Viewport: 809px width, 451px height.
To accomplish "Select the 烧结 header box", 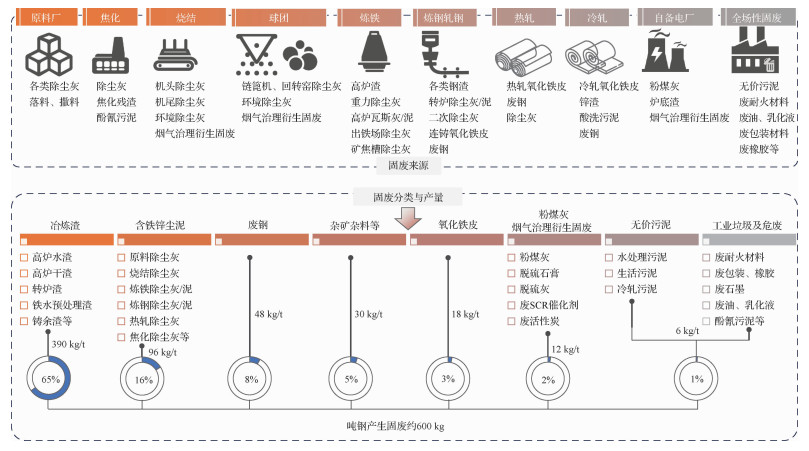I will pyautogui.click(x=188, y=18).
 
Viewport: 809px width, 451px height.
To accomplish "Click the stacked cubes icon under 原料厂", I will pyautogui.click(x=46, y=53).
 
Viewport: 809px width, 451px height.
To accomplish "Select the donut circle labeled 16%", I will pyautogui.click(x=144, y=379).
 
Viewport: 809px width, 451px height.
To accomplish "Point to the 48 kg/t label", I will pyautogui.click(x=273, y=314).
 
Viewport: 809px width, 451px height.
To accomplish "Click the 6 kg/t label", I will pyautogui.click(x=688, y=331).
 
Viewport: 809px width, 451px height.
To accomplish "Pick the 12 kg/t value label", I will pyautogui.click(x=565, y=349).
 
